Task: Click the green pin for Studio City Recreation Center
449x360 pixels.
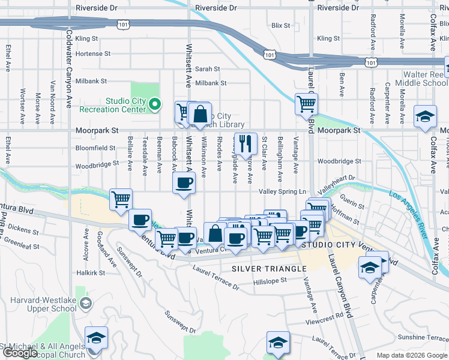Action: click(155, 105)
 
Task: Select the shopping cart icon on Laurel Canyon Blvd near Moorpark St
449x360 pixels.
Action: click(306, 104)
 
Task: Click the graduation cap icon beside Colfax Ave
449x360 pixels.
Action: click(425, 116)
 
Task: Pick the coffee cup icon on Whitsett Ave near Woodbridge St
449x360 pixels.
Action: click(184, 182)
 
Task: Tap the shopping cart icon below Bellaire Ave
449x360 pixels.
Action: click(121, 199)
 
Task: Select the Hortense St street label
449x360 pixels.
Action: click(93, 53)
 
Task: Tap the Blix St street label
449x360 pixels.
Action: click(280, 26)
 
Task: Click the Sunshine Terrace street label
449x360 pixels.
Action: click(419, 337)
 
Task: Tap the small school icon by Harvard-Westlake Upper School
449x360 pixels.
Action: click(86, 304)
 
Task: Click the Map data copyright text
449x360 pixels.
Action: click(412, 355)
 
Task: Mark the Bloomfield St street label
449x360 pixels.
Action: click(95, 148)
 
